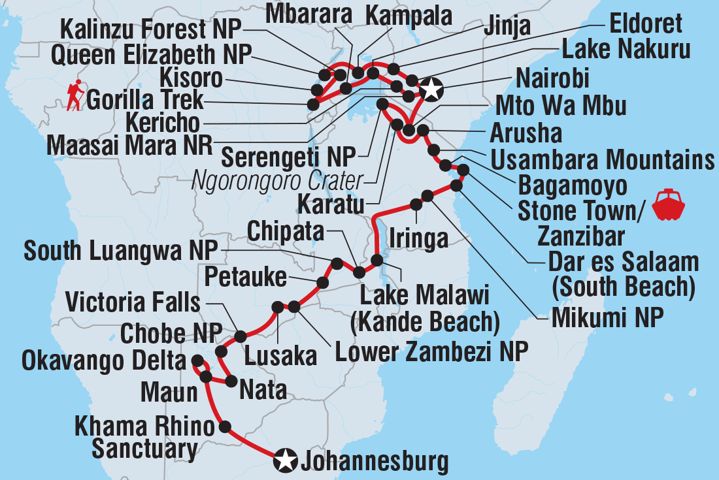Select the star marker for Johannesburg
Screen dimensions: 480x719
284,460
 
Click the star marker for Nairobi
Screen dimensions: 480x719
430,89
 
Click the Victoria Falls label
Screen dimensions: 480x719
133,303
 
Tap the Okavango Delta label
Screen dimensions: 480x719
104,360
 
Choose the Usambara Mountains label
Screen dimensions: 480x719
602,159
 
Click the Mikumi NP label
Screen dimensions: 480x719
607,319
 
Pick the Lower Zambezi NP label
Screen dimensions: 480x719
431,353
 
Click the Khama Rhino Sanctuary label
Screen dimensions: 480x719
144,438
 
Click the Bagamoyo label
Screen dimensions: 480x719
572,185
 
